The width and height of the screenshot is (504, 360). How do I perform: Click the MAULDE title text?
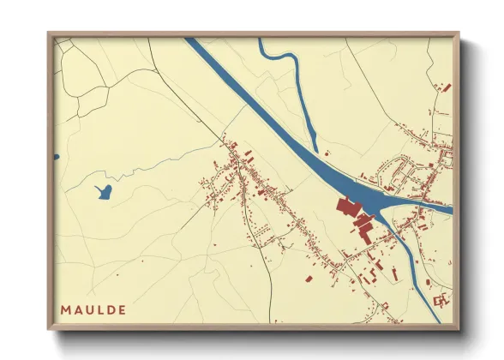(93, 309)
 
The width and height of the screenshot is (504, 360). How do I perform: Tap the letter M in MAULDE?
(66, 309)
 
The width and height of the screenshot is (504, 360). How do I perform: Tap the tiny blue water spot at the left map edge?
(56, 157)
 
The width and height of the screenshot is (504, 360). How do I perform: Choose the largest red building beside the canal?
(347, 207)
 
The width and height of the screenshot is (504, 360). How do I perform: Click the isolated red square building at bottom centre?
(307, 278)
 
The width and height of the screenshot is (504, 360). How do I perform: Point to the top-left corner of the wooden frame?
(50, 34)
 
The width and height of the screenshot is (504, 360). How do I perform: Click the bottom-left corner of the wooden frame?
(50, 328)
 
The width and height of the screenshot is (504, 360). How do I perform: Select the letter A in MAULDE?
(78, 309)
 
